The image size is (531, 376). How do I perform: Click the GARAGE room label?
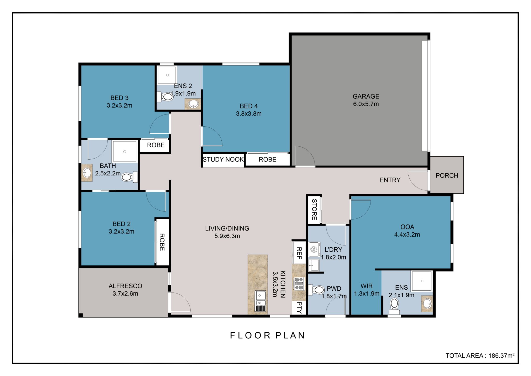366,96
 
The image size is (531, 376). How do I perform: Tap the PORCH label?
446,175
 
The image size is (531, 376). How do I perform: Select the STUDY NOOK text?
223,159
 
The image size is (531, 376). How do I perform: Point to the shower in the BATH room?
124,151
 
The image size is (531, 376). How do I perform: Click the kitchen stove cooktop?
298,284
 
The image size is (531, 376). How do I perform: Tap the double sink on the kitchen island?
261,298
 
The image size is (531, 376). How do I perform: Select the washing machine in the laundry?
314,250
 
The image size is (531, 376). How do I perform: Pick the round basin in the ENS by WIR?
427,303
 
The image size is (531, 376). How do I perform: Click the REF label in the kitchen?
299,253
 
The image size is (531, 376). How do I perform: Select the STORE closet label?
314,209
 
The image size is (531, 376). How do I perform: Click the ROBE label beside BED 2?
162,242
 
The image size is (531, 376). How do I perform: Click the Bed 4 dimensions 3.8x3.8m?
248,114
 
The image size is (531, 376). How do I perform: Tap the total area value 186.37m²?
501,356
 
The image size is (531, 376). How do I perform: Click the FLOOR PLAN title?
267,336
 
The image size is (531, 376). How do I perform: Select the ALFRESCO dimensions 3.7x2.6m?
125,294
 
